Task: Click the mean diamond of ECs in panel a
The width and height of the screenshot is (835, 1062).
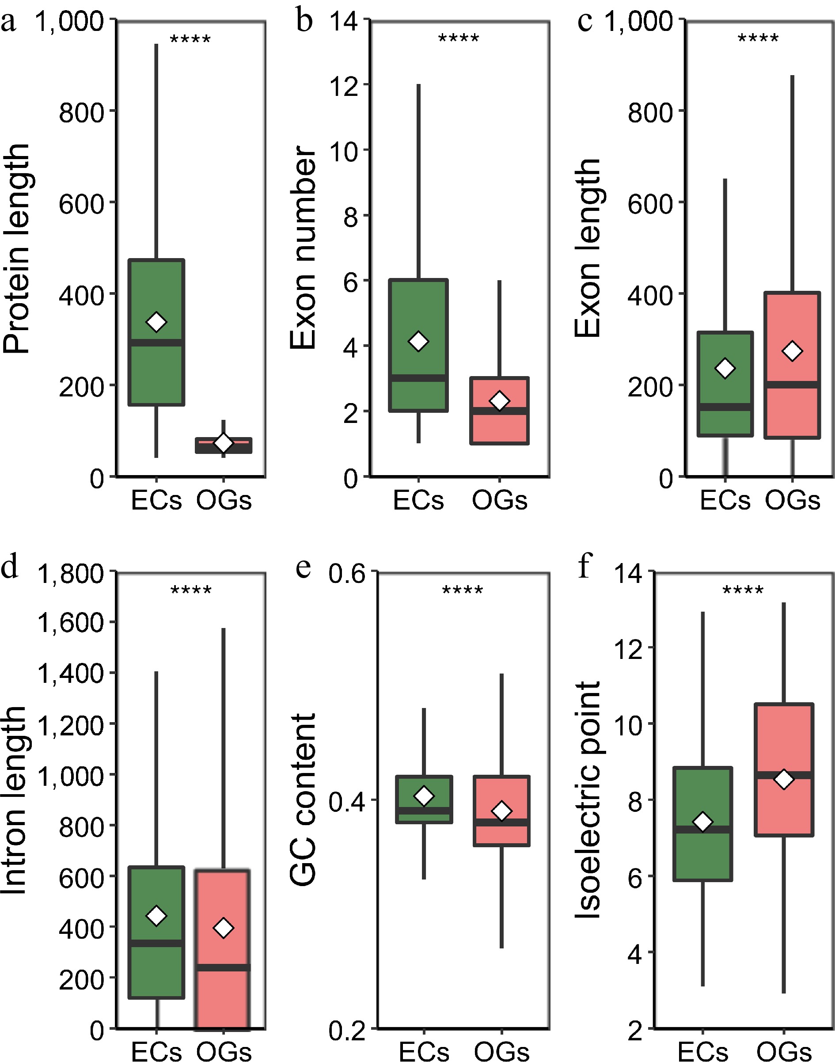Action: pos(156,322)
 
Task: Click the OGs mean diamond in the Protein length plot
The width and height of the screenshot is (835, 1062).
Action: pos(224,443)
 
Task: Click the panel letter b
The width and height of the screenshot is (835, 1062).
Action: pos(304,22)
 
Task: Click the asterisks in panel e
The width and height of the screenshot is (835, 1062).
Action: pos(463,590)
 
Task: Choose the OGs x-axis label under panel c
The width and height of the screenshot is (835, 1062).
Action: pos(792,500)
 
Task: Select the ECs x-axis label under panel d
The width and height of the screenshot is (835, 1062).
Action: pos(156,1051)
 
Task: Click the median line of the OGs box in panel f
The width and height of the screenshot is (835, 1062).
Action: pos(784,775)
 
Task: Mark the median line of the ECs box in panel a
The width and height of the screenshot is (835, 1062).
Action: pos(156,342)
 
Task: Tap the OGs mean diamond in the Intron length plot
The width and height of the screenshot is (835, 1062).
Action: pos(224,927)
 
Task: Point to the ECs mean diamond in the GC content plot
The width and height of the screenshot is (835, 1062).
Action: pos(424,796)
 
